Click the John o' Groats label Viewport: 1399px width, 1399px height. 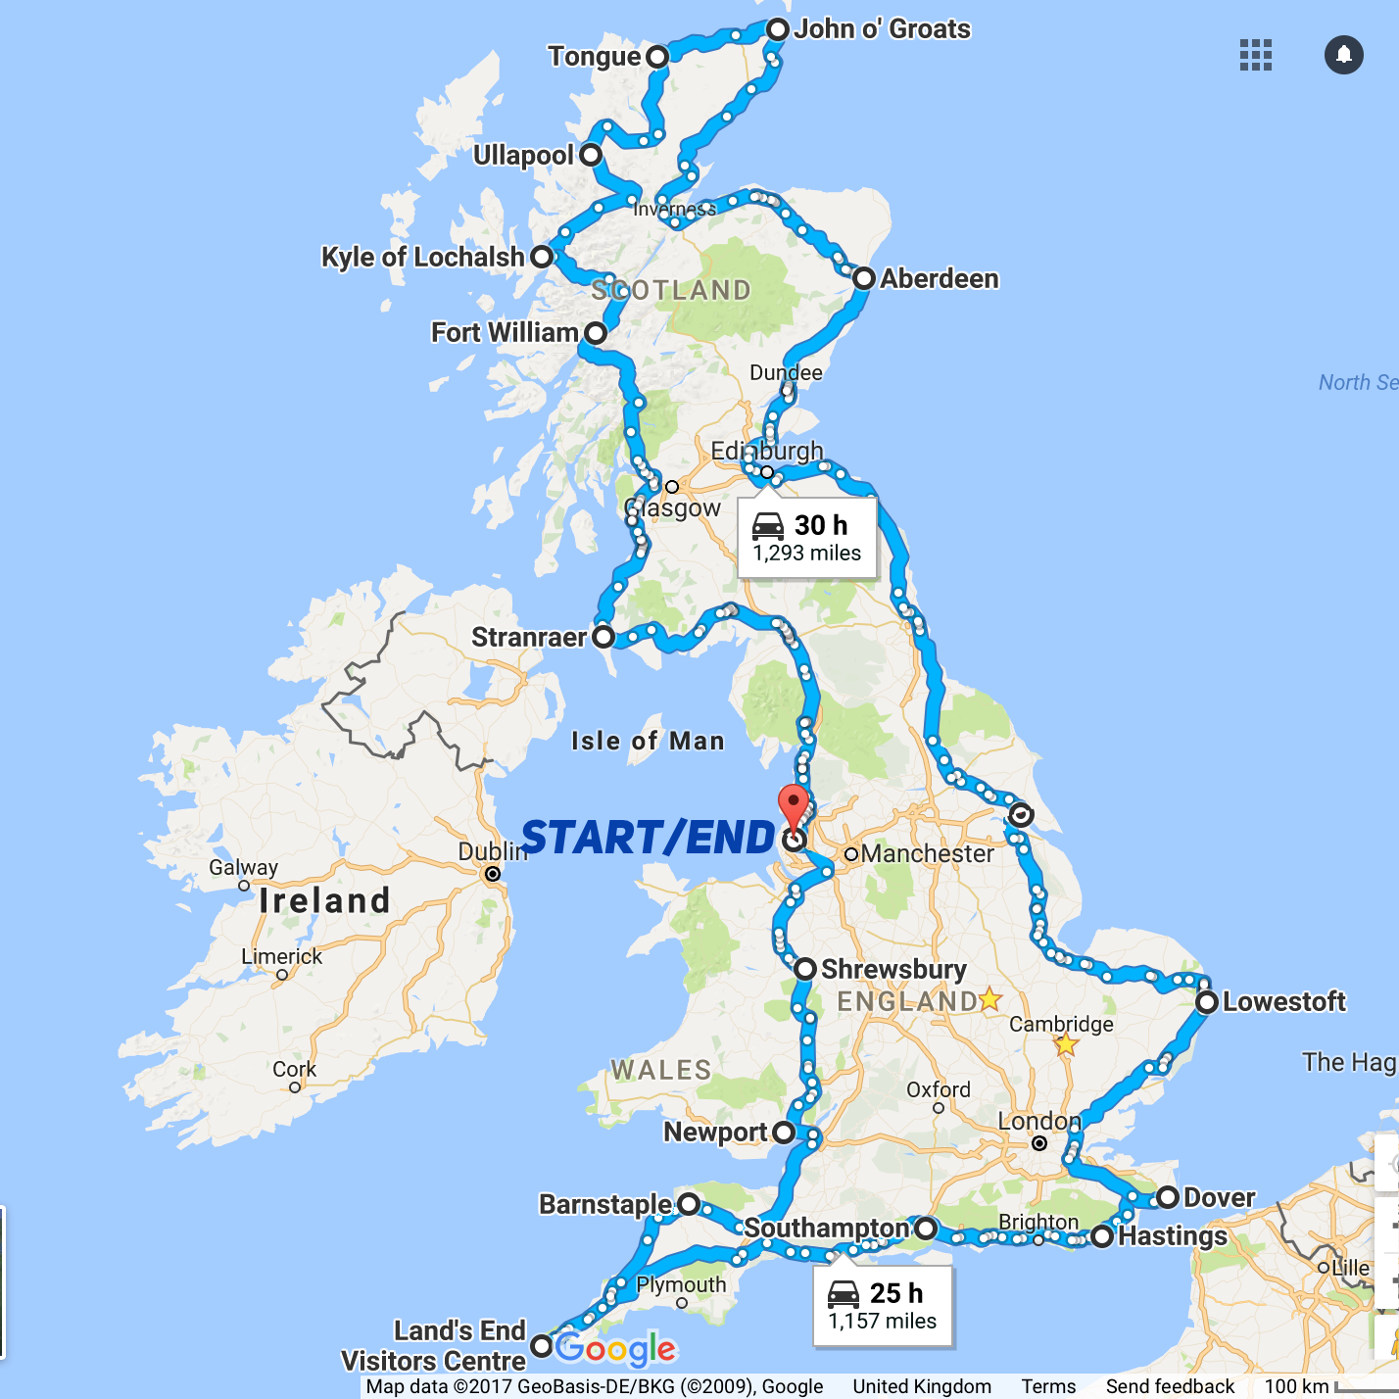coord(882,29)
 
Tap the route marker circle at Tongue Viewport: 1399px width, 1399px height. coord(657,57)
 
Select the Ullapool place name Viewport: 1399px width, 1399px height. coord(523,156)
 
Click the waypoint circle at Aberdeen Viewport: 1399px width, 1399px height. coord(863,278)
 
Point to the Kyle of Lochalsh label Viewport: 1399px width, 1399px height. coord(423,257)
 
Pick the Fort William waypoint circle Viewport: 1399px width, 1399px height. coord(595,333)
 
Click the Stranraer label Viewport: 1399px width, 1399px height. coord(529,638)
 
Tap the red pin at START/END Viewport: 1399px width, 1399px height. coord(794,806)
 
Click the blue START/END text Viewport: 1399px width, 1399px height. coord(649,839)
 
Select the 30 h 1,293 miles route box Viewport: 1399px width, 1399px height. coord(807,538)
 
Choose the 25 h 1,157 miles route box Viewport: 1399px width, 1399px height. coord(883,1306)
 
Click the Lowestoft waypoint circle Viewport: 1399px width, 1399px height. coord(1207,1002)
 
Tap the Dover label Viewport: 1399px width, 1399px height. coord(1219,1198)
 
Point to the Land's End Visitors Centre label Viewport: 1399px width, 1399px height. coord(434,1346)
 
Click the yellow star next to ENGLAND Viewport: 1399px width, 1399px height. coord(990,999)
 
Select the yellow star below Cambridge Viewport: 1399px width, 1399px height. coord(1066,1045)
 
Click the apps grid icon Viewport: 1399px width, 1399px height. coord(1255,55)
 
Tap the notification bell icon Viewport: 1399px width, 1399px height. coord(1344,55)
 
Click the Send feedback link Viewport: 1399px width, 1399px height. coord(1170,1386)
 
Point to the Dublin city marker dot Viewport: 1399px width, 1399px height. coord(493,874)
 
